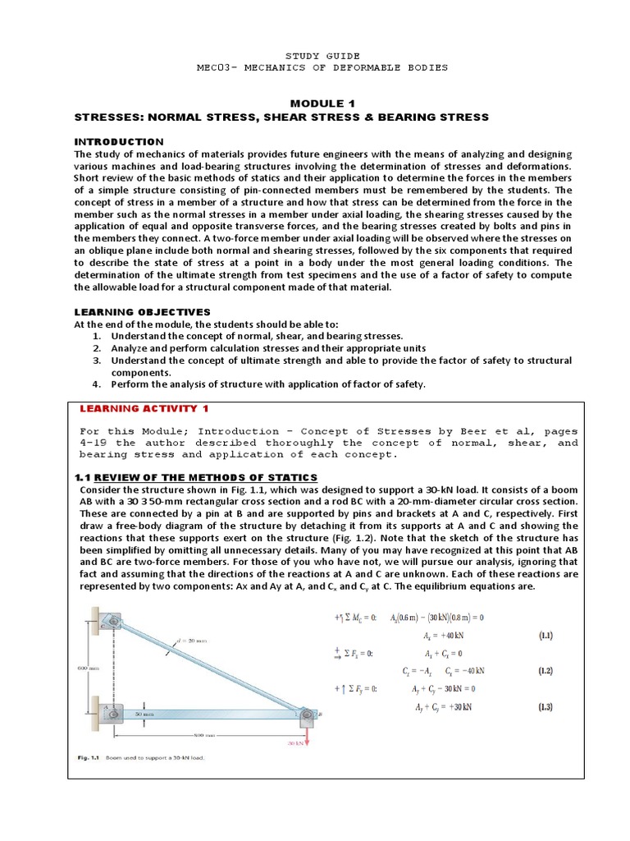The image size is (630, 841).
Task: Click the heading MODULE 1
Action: tap(314, 103)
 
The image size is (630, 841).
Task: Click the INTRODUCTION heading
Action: tap(119, 141)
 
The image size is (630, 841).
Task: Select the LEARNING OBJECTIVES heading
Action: tap(143, 312)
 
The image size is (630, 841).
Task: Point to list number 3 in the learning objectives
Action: tap(96, 360)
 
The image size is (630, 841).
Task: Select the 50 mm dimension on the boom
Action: tap(145, 715)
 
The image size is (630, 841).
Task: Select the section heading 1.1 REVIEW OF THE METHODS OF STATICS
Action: tap(195, 478)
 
